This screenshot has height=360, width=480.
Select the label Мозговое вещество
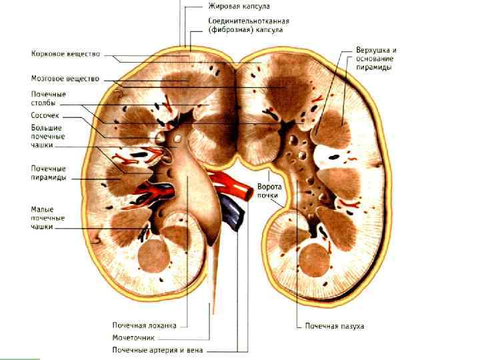click(65, 79)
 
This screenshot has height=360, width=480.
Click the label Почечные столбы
click(44, 99)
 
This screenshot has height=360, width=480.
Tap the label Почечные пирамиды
click(48, 173)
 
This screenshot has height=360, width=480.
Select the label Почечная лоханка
click(143, 325)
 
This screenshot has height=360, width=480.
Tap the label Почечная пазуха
click(334, 326)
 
